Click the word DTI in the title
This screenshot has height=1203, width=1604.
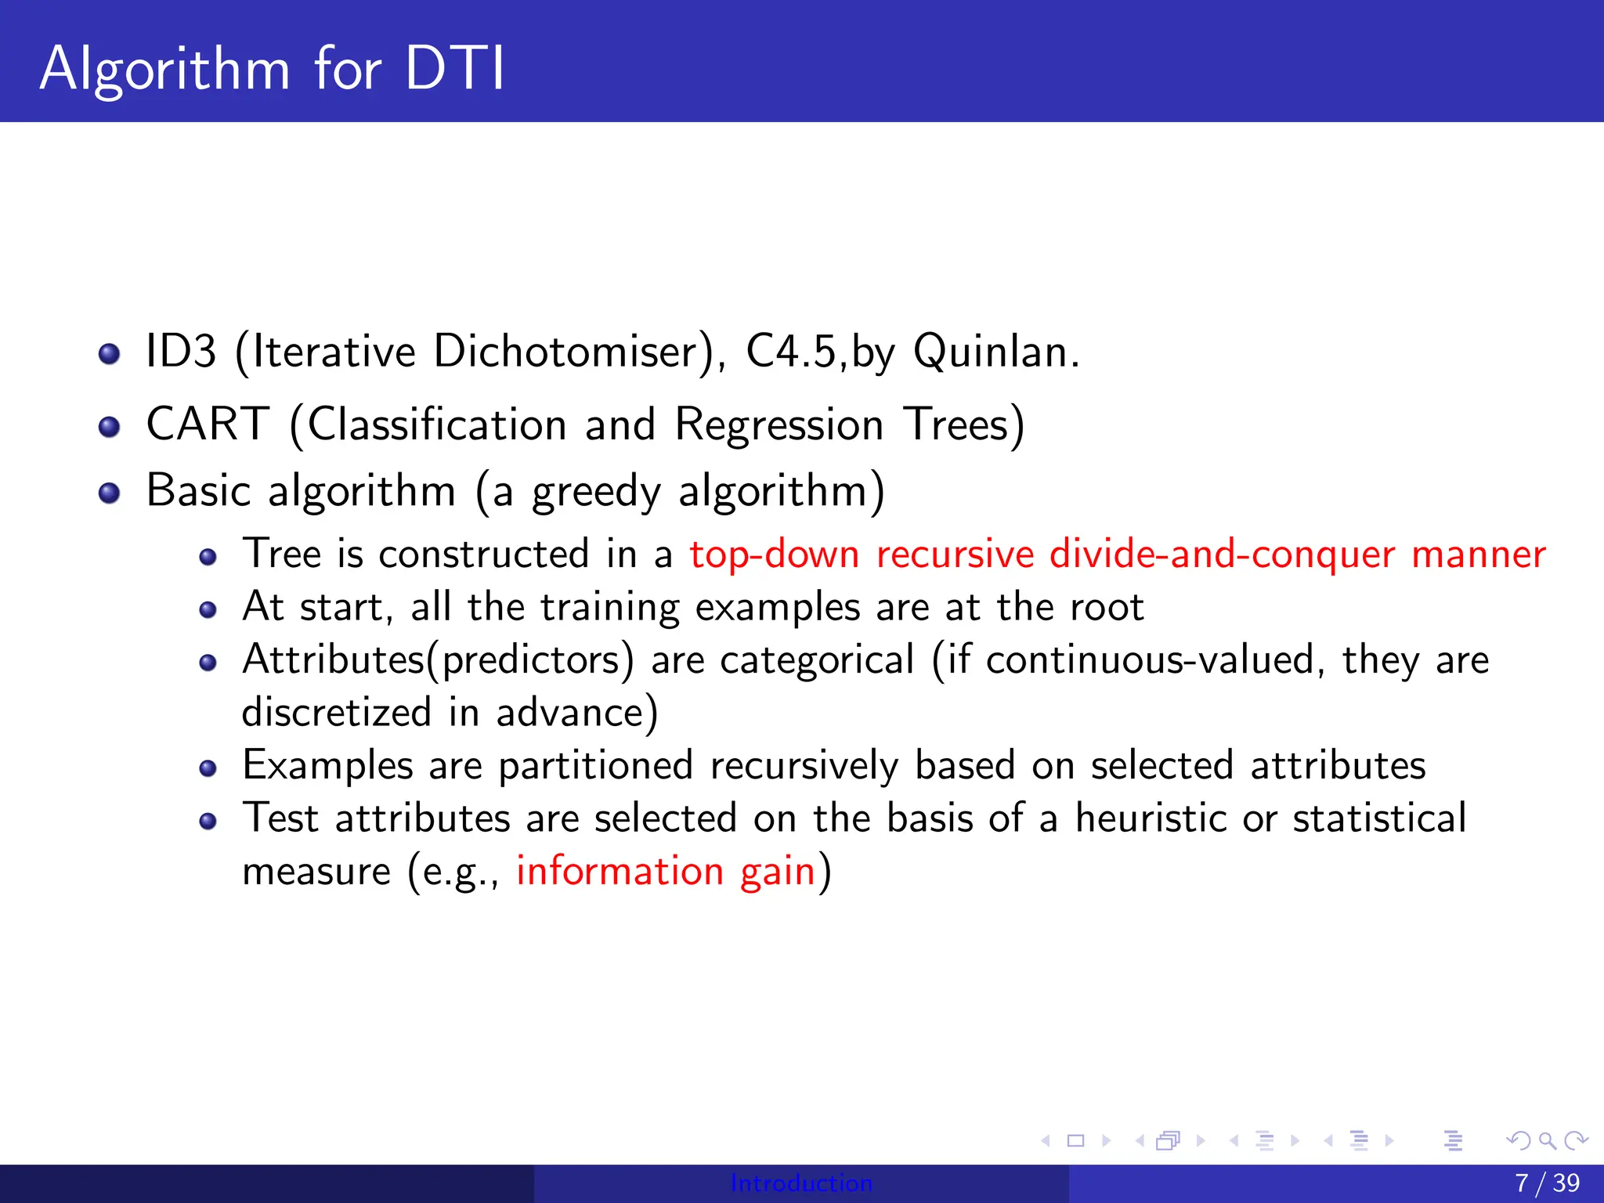[455, 69]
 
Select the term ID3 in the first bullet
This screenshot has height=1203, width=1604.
[181, 351]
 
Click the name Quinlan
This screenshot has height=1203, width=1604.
[995, 351]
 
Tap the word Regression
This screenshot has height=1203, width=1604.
[779, 425]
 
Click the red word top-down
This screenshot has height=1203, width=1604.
[774, 555]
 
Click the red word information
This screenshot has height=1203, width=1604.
[620, 871]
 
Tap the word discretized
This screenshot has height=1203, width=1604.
[337, 712]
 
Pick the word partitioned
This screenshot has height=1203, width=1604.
[595, 765]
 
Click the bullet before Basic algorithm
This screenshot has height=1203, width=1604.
[110, 493]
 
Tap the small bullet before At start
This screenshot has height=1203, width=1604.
[208, 610]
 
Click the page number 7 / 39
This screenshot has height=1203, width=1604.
[1547, 1183]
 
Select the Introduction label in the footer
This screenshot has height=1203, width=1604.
[801, 1183]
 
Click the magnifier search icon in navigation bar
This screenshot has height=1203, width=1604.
[1547, 1140]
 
